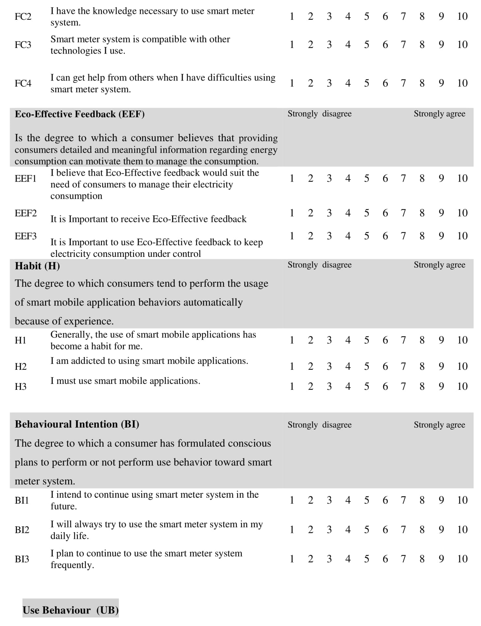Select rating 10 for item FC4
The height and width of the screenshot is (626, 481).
point(462,83)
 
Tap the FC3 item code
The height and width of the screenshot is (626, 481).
point(23,45)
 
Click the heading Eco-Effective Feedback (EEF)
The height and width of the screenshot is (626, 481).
point(80,114)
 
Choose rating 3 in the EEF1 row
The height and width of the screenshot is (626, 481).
point(329,178)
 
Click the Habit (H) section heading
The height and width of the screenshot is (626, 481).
point(37,266)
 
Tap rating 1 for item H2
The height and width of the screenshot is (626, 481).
point(292,366)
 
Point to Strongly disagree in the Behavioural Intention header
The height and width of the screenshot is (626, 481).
point(320,425)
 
